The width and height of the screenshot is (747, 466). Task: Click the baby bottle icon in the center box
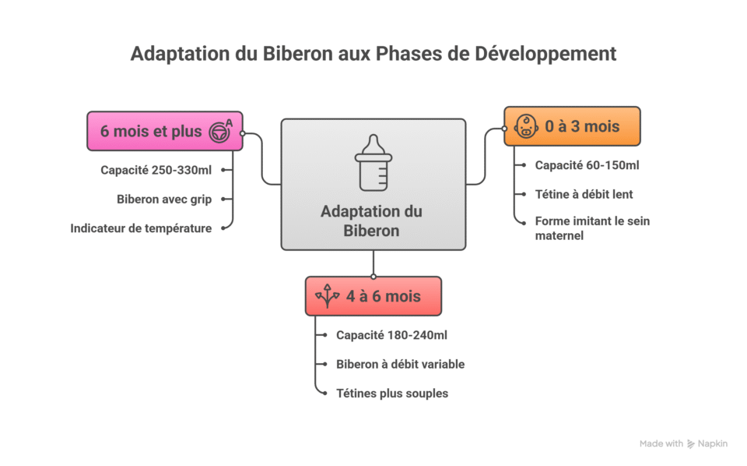(x=373, y=163)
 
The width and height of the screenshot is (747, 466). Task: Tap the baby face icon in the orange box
(x=527, y=126)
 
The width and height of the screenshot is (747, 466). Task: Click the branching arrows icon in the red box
(x=327, y=296)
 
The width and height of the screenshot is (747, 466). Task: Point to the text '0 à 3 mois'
(x=582, y=126)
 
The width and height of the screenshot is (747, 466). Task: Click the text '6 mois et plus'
(x=151, y=131)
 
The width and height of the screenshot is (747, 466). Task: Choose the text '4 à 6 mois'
(x=383, y=296)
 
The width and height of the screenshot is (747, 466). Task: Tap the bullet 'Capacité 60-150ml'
(x=587, y=165)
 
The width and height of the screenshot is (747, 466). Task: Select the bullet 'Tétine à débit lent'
(x=584, y=194)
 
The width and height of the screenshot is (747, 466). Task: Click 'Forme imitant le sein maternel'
(x=592, y=228)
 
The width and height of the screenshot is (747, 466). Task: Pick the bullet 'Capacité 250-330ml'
(x=156, y=170)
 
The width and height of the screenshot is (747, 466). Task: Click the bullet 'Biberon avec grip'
(x=164, y=199)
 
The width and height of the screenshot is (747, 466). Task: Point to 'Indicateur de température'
(x=141, y=228)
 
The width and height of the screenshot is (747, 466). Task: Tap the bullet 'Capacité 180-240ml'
(x=391, y=335)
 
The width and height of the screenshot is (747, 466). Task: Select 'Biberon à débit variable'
(x=400, y=364)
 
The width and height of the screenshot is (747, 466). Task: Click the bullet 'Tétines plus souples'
(x=392, y=394)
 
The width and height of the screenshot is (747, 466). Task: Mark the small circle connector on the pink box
(x=243, y=133)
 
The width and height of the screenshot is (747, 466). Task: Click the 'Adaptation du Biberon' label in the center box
(x=371, y=221)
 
